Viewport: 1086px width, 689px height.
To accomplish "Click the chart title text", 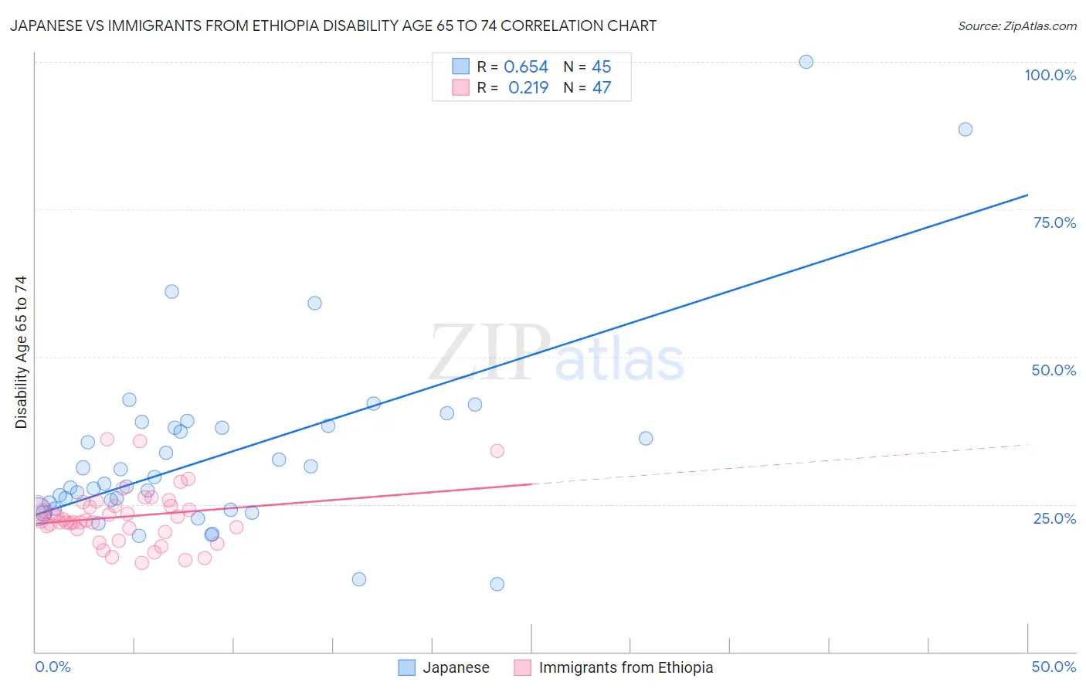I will click(333, 25).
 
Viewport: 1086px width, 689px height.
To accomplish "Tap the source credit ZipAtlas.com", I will click(1016, 25).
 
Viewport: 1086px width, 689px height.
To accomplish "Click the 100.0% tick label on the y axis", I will click(1050, 75).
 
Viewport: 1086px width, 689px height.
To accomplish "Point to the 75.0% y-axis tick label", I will click(1054, 222).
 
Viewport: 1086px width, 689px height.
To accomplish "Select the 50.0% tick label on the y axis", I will click(1054, 370).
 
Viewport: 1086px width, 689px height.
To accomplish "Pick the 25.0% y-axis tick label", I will click(1054, 518).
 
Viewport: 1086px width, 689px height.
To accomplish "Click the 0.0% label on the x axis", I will click(53, 667).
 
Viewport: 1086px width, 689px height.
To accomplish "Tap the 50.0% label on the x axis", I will click(1054, 667).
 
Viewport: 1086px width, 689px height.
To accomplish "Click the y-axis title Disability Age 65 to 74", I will click(21, 351).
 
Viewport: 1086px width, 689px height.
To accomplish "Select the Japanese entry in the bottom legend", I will click(456, 667).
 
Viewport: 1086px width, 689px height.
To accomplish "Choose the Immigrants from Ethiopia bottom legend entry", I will click(626, 667).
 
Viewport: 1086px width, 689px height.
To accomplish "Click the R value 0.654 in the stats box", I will click(526, 67).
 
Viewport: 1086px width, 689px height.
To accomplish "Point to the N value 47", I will click(602, 88).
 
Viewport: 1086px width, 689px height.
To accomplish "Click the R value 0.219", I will click(528, 88).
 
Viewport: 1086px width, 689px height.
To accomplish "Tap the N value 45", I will click(602, 67).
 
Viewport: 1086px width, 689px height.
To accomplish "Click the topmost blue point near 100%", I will click(806, 62).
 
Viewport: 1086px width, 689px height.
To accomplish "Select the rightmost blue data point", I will click(965, 129).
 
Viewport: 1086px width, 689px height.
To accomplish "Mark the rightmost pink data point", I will click(497, 450).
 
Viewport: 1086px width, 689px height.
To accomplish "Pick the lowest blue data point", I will click(497, 584).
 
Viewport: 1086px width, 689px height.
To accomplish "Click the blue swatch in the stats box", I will click(460, 66).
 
